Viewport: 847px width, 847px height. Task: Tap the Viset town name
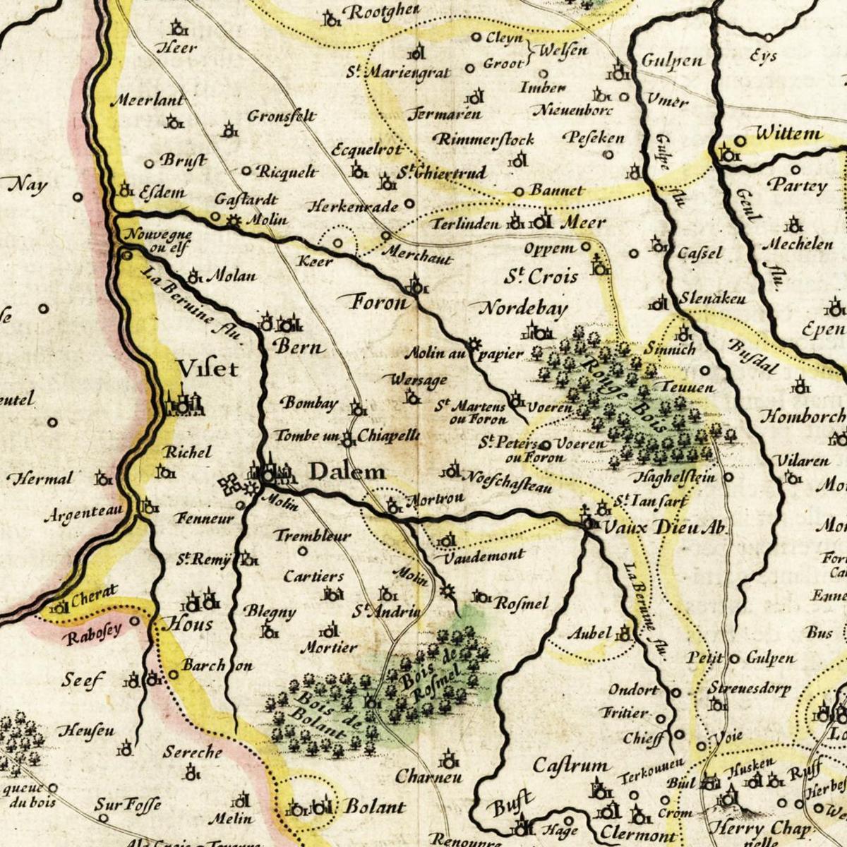208,368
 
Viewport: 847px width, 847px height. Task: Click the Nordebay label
524,308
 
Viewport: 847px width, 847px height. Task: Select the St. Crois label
541,276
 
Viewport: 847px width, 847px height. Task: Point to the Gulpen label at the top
672,61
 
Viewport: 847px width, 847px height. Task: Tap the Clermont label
638,835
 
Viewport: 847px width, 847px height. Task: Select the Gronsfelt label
281,116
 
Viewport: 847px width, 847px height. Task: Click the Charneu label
428,777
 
